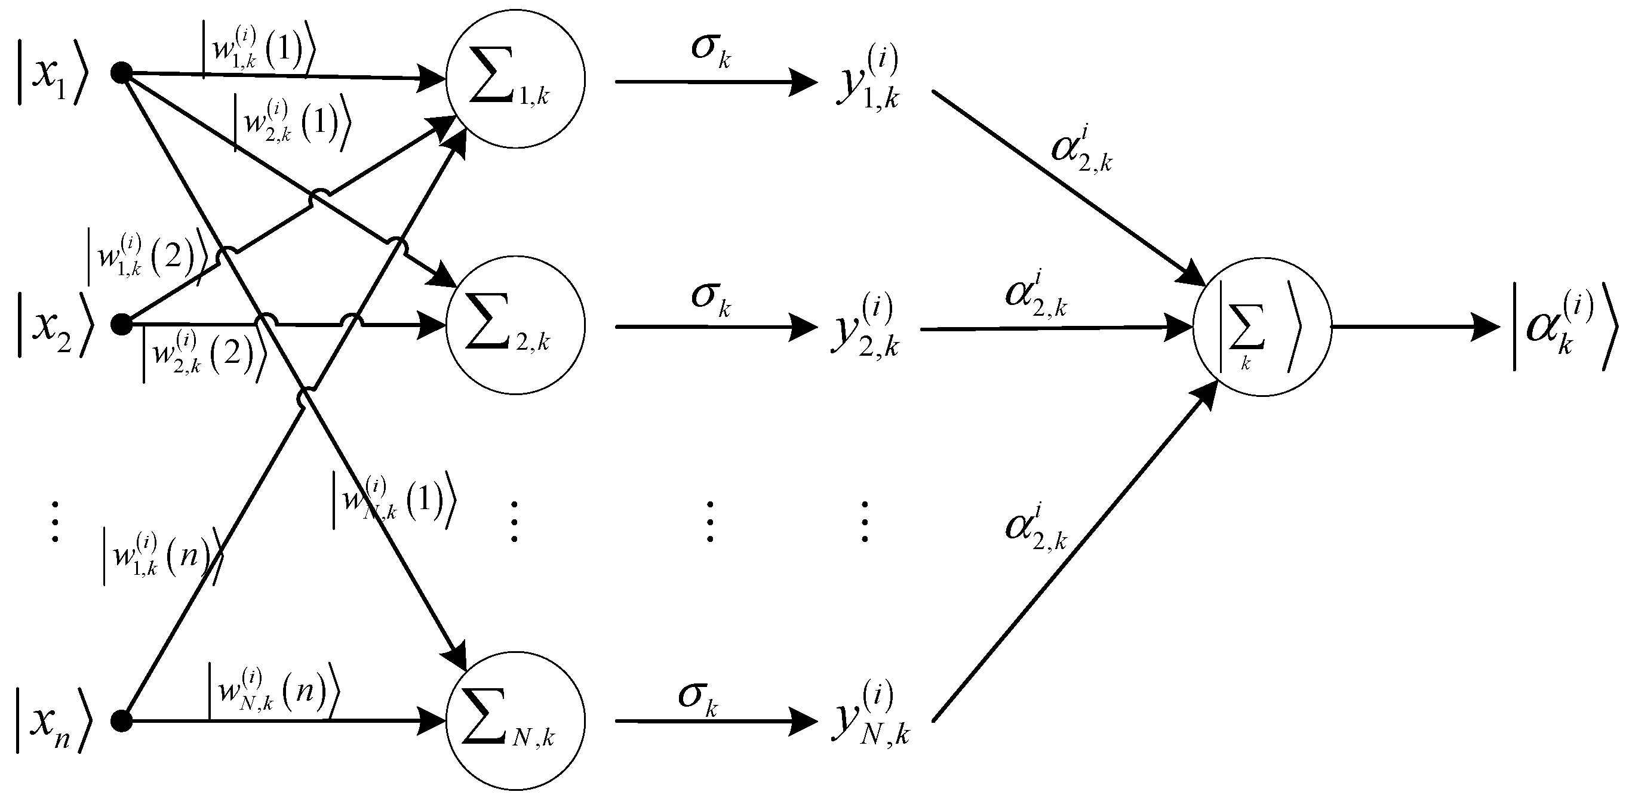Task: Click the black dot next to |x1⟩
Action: tap(121, 73)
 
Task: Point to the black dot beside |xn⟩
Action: tap(121, 720)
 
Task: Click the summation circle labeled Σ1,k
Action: tap(515, 79)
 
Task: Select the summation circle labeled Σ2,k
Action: tap(515, 325)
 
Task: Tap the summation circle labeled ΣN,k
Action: tap(515, 720)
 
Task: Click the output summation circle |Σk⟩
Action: tap(1262, 327)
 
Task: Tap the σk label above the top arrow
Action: tap(711, 51)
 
